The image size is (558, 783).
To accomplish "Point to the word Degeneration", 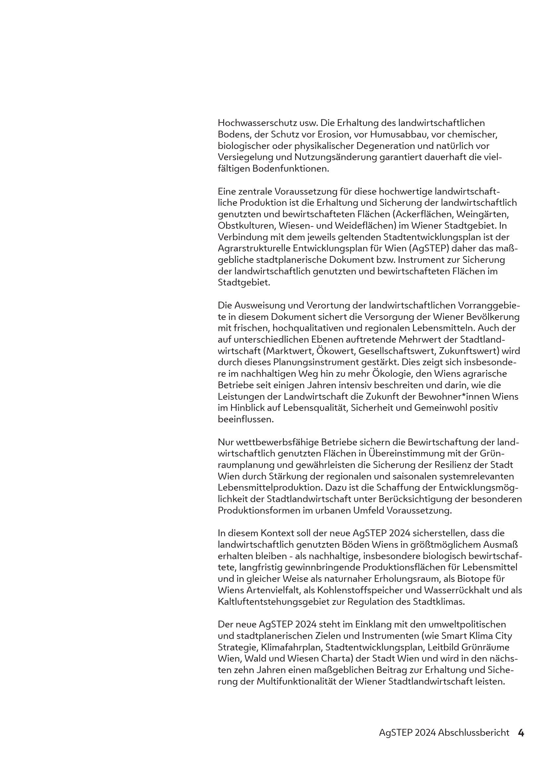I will tap(385, 146).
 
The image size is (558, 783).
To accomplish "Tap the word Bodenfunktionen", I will tap(291, 169).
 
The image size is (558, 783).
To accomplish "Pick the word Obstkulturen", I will tap(247, 225).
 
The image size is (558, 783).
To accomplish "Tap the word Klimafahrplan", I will tap(291, 647).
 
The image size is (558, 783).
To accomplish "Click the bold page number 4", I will tap(521, 733).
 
